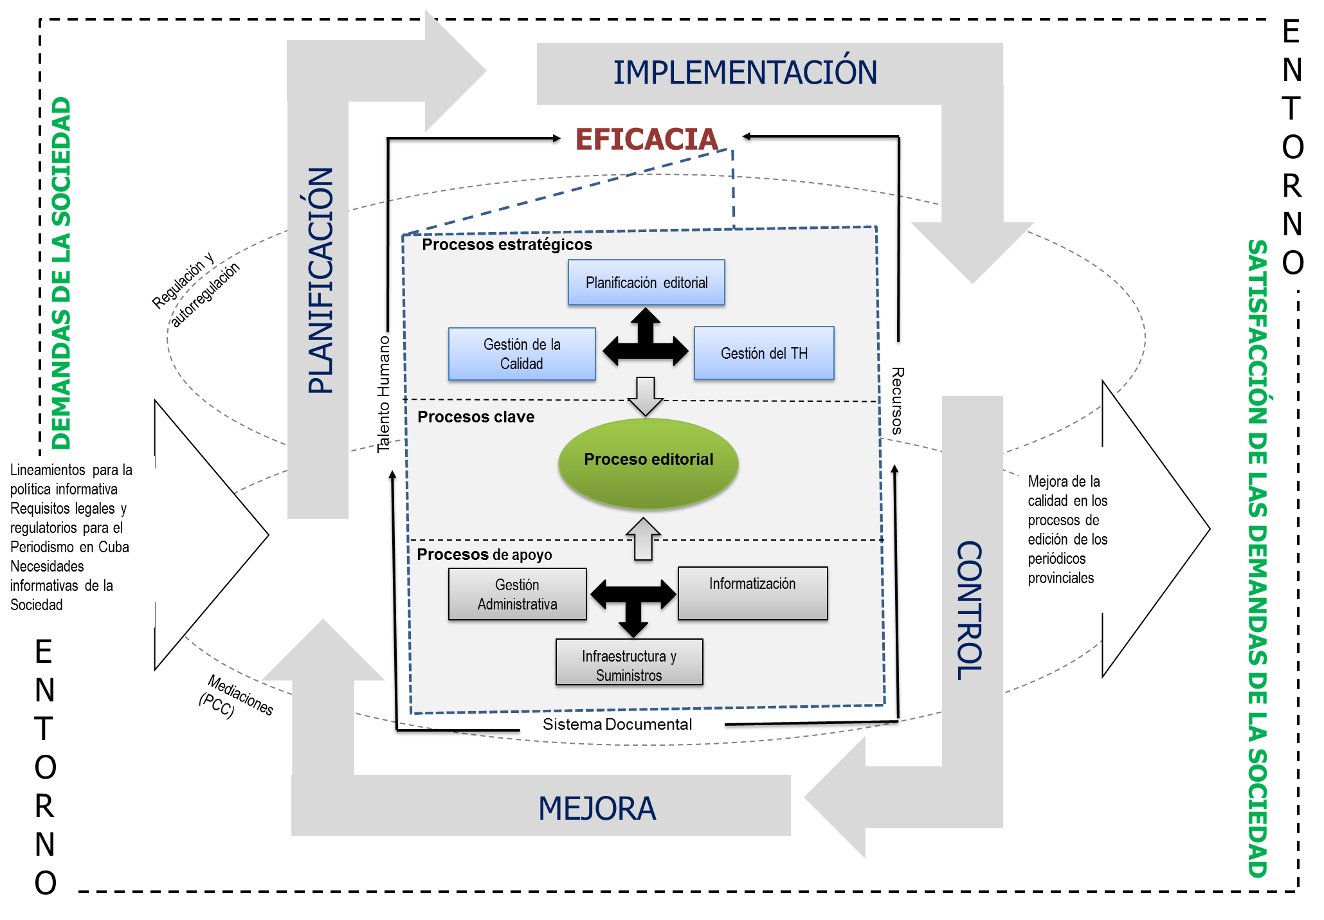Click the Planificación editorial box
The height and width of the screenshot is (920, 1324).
tap(646, 282)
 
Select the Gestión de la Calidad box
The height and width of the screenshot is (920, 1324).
tap(521, 354)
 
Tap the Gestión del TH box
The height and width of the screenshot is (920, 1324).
tap(764, 353)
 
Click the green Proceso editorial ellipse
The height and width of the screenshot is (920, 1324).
tap(648, 463)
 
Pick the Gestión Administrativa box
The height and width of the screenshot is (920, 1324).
tap(517, 594)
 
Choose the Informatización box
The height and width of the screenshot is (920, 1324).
tap(752, 593)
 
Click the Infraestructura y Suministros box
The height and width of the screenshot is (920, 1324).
tap(629, 662)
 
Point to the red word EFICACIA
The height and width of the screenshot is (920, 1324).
tap(646, 140)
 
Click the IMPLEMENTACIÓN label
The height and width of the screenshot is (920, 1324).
tap(745, 73)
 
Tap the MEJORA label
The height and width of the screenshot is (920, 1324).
tap(597, 808)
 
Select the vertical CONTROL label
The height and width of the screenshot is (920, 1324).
tap(970, 611)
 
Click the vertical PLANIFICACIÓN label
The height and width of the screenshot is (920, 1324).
tap(321, 280)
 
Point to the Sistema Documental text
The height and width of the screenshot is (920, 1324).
tap(617, 725)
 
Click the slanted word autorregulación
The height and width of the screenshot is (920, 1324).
tap(205, 294)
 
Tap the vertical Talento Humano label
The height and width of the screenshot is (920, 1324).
tap(384, 394)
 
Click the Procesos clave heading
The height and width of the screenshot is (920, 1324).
tap(476, 417)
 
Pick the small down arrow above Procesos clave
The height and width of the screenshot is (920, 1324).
tap(645, 395)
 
